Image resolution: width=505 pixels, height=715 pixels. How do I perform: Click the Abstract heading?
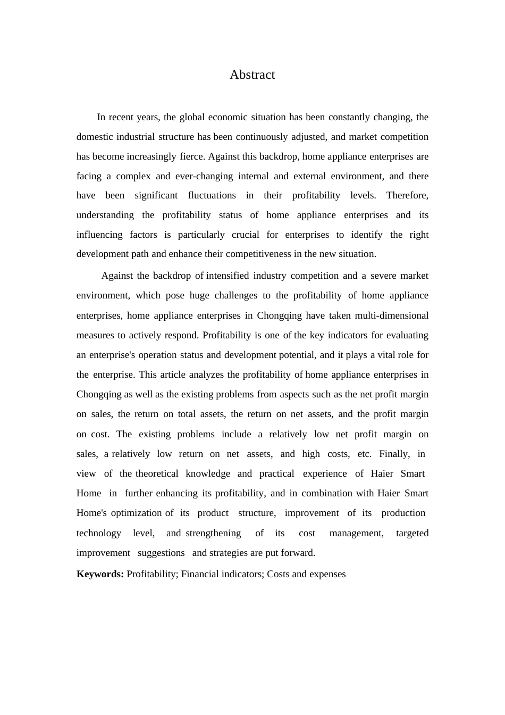[x=252, y=75]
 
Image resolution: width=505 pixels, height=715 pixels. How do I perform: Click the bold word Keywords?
[x=100, y=574]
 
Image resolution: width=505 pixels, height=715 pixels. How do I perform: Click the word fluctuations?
[x=212, y=195]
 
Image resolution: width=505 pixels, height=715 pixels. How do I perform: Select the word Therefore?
[x=407, y=195]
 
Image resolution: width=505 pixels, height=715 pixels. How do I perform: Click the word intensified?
[x=228, y=276]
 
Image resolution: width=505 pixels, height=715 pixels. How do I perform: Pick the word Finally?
[x=394, y=454]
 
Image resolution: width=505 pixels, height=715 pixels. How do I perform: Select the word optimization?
[x=136, y=513]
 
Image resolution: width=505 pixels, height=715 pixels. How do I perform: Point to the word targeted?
[x=412, y=533]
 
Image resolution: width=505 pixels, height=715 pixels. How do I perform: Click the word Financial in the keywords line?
[x=201, y=574]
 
